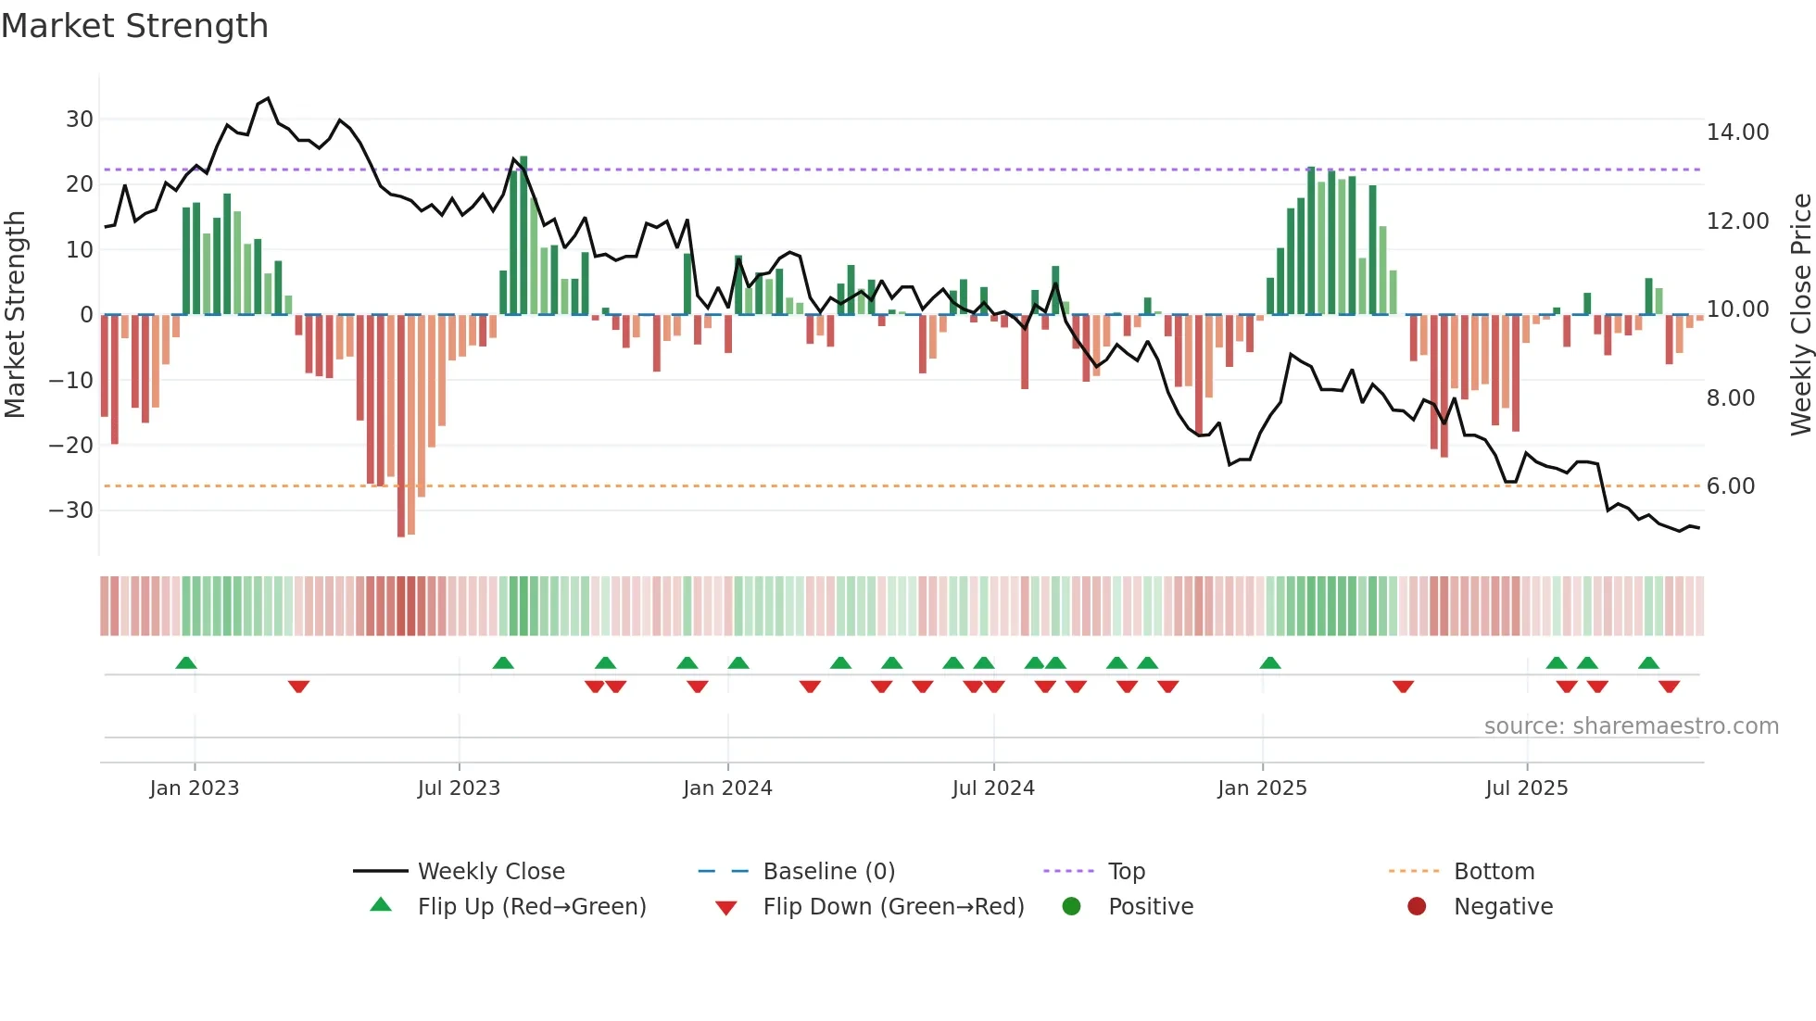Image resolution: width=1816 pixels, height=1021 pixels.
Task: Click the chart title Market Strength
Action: (134, 26)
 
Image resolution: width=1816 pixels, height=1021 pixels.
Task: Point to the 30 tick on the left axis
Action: (80, 120)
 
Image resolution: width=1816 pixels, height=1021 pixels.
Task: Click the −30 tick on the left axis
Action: (71, 510)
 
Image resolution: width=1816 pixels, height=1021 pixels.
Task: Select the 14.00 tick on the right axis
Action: (1737, 132)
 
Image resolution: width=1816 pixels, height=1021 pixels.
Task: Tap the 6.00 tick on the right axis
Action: (1730, 486)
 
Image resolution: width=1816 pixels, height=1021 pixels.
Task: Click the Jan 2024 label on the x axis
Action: (727, 788)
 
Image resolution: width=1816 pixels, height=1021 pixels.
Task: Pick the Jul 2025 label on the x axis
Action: (1526, 788)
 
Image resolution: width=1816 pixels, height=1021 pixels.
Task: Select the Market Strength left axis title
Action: (15, 315)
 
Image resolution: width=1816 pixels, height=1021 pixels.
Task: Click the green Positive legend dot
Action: (1072, 907)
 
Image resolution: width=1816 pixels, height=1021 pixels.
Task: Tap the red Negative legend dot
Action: (1417, 907)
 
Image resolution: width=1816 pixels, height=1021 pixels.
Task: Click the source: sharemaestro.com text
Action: (1631, 726)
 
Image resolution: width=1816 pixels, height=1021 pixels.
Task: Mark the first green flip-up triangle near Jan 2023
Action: (186, 663)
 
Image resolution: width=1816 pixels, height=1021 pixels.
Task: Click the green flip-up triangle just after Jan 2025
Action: (1270, 663)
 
